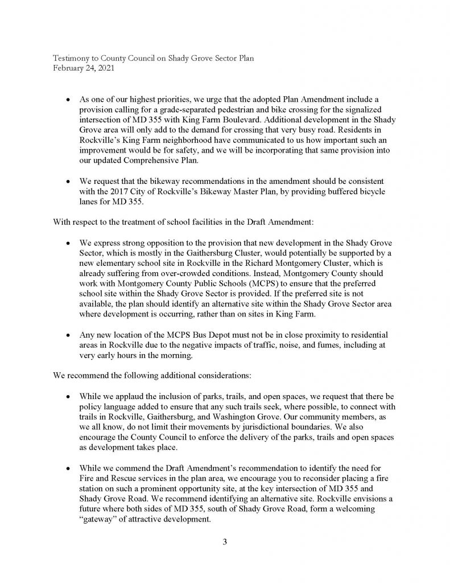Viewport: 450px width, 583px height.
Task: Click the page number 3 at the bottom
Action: pos(225,541)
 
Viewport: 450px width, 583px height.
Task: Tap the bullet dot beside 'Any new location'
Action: pos(68,333)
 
